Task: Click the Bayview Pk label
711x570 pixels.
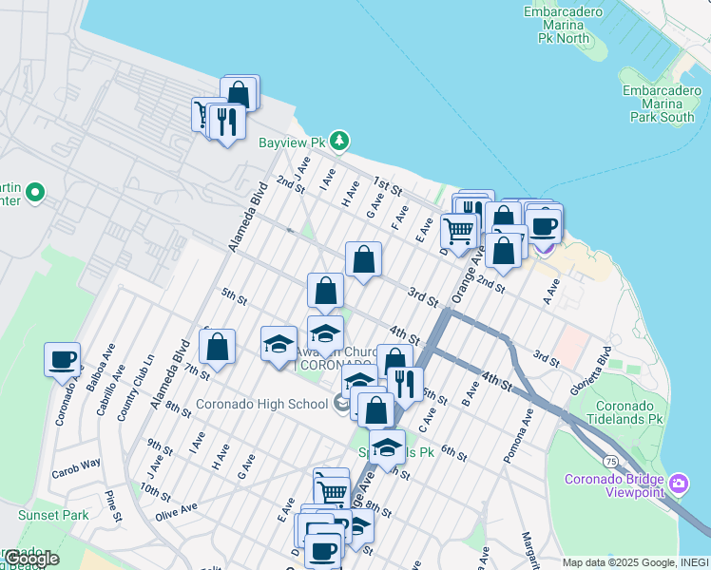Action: [292, 142]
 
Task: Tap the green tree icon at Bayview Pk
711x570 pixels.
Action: [337, 142]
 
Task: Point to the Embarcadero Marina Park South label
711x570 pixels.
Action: [663, 104]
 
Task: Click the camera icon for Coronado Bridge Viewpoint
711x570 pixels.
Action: [679, 484]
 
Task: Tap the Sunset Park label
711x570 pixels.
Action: [54, 515]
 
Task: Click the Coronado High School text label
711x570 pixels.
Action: [261, 404]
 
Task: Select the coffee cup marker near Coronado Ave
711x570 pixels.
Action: [63, 360]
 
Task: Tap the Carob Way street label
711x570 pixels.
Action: [76, 465]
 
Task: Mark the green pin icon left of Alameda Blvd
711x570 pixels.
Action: [36, 193]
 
